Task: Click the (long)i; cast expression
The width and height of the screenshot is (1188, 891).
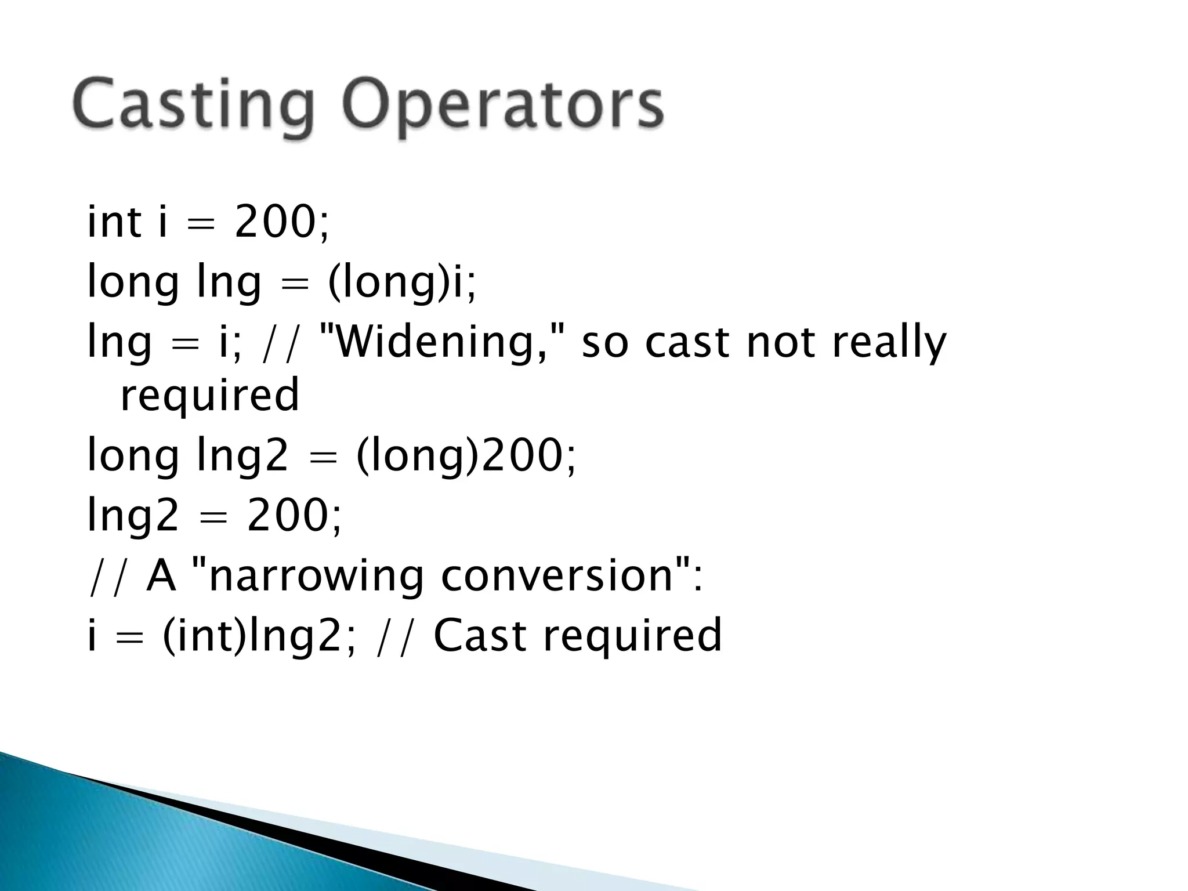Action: click(401, 282)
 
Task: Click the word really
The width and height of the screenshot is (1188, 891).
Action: click(888, 342)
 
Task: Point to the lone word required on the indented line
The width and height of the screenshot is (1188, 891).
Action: click(209, 394)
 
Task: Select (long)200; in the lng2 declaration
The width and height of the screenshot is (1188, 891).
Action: click(466, 455)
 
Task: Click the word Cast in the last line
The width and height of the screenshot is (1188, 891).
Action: click(480, 635)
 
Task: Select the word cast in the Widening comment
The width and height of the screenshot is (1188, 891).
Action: click(686, 342)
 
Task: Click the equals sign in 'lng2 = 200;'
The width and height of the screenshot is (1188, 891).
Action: click(212, 516)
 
